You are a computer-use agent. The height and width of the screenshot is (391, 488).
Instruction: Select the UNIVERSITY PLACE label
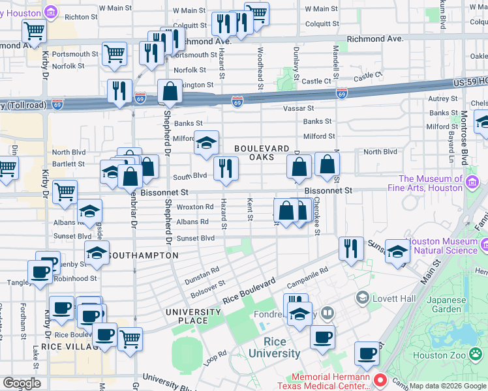tap(194, 316)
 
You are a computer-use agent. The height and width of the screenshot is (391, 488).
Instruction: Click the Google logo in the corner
tap(22, 383)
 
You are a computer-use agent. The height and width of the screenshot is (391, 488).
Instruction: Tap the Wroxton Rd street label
tap(195, 207)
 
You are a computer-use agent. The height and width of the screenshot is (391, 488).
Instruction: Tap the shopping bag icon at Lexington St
tap(170, 92)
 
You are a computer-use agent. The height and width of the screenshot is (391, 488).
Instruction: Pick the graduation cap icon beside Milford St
tap(206, 143)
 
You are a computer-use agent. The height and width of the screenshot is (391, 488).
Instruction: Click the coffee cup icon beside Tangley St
tap(40, 272)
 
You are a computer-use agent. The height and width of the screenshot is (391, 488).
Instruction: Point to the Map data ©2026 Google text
tap(448, 386)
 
